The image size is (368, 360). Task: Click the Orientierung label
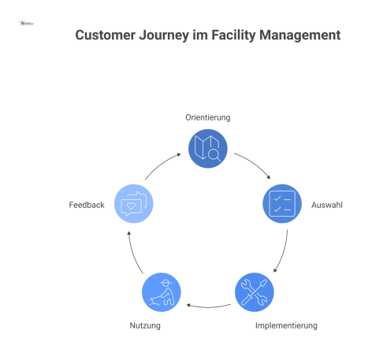pyautogui.click(x=208, y=117)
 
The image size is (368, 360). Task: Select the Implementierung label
pyautogui.click(x=286, y=325)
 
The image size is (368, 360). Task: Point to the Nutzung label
pyautogui.click(x=145, y=325)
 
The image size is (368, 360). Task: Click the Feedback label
pyautogui.click(x=87, y=205)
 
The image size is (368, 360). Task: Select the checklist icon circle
pyautogui.click(x=281, y=204)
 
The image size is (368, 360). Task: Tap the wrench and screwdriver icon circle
pyautogui.click(x=254, y=292)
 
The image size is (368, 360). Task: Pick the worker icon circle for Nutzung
pyautogui.click(x=162, y=292)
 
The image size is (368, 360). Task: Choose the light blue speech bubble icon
pyautogui.click(x=133, y=204)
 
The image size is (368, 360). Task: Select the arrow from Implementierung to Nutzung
pyautogui.click(x=207, y=306)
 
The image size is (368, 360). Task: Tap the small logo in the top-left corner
pyautogui.click(x=27, y=24)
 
